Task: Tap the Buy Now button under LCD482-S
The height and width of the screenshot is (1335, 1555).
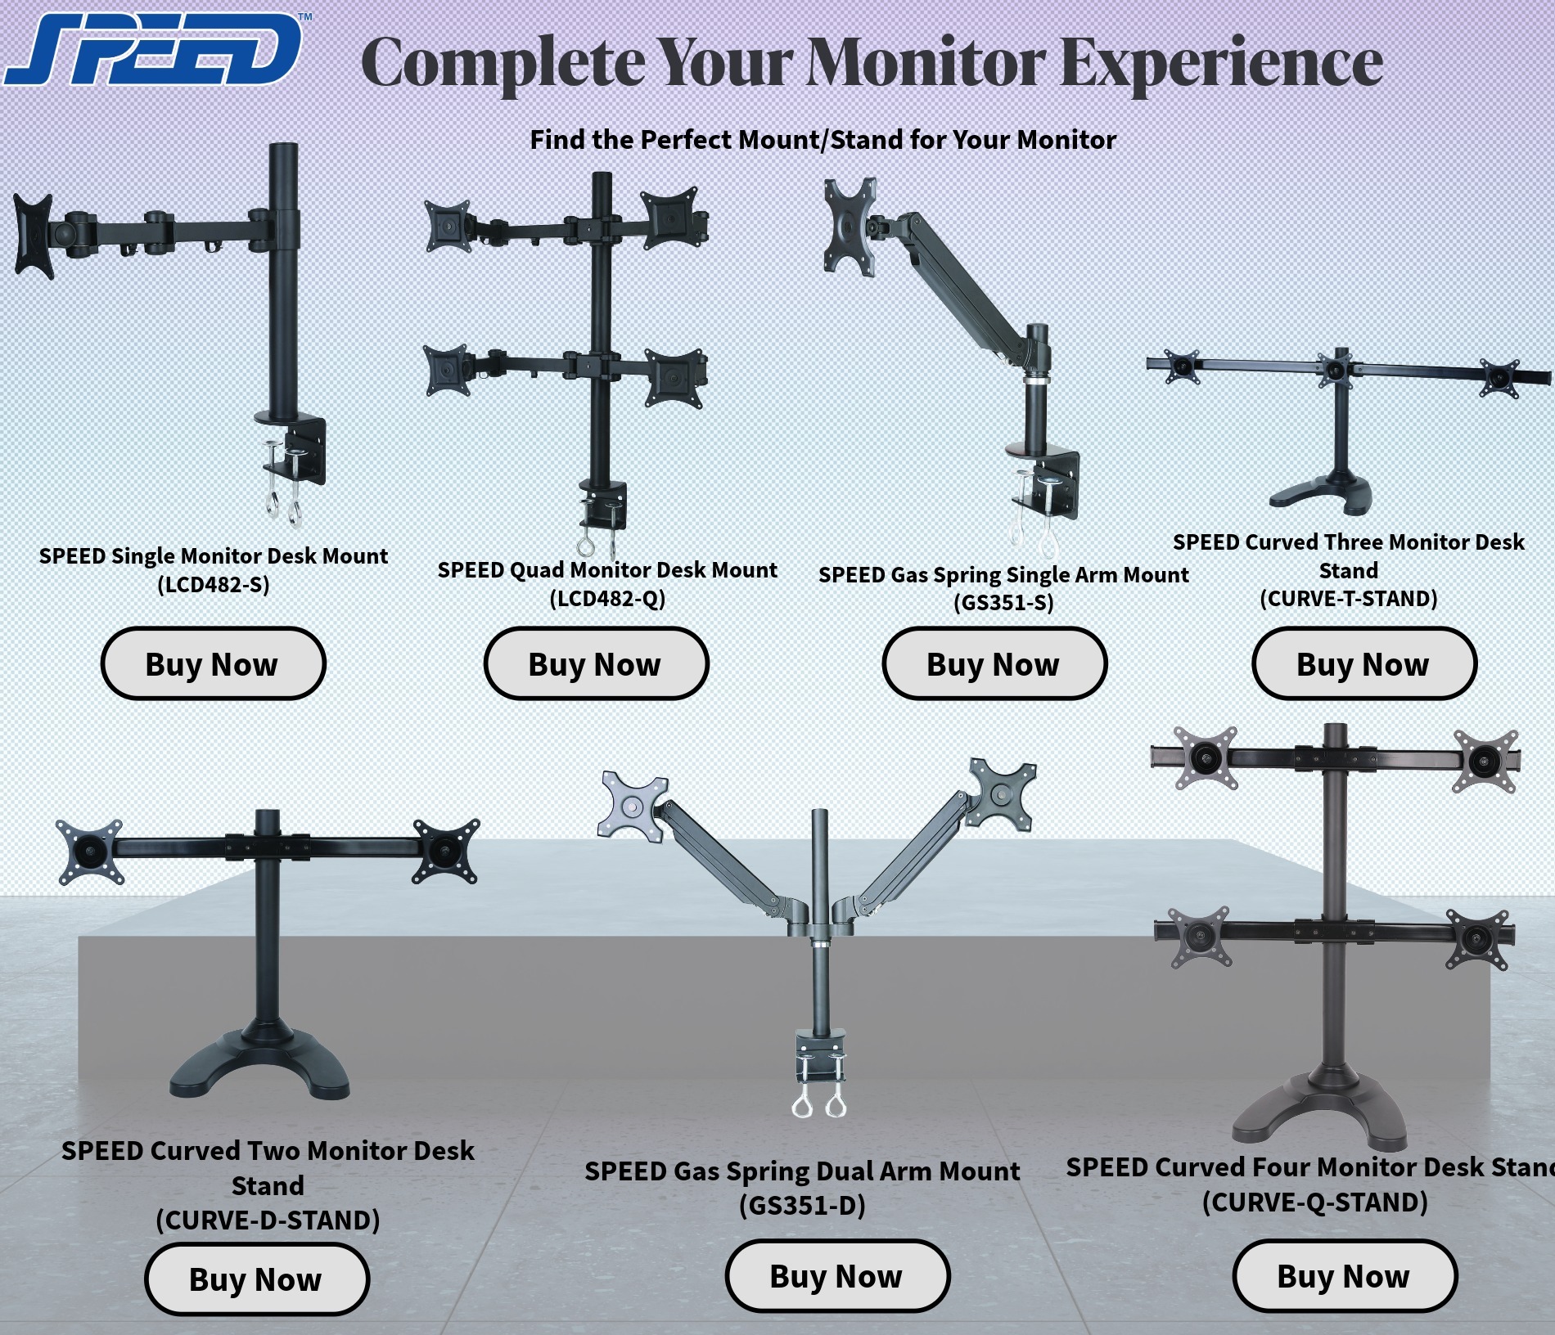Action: coord(213,663)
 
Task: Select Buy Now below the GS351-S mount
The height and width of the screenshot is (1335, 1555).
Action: coord(994,663)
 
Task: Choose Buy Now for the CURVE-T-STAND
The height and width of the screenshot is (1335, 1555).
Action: coord(1363,663)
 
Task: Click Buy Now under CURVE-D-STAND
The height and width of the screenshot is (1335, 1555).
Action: coord(256,1279)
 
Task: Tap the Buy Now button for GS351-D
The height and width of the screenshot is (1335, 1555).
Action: coord(836,1275)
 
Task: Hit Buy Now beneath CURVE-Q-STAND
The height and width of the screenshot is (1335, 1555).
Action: coord(1344,1275)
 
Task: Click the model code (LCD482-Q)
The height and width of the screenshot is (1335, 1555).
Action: coord(607,599)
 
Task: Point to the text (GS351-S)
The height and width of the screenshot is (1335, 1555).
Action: coord(1003,603)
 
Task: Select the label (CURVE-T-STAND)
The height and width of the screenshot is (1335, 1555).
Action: coord(1348,599)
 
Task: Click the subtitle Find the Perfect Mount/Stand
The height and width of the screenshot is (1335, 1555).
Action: coord(823,140)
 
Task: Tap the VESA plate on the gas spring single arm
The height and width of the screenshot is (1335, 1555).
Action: coord(850,225)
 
